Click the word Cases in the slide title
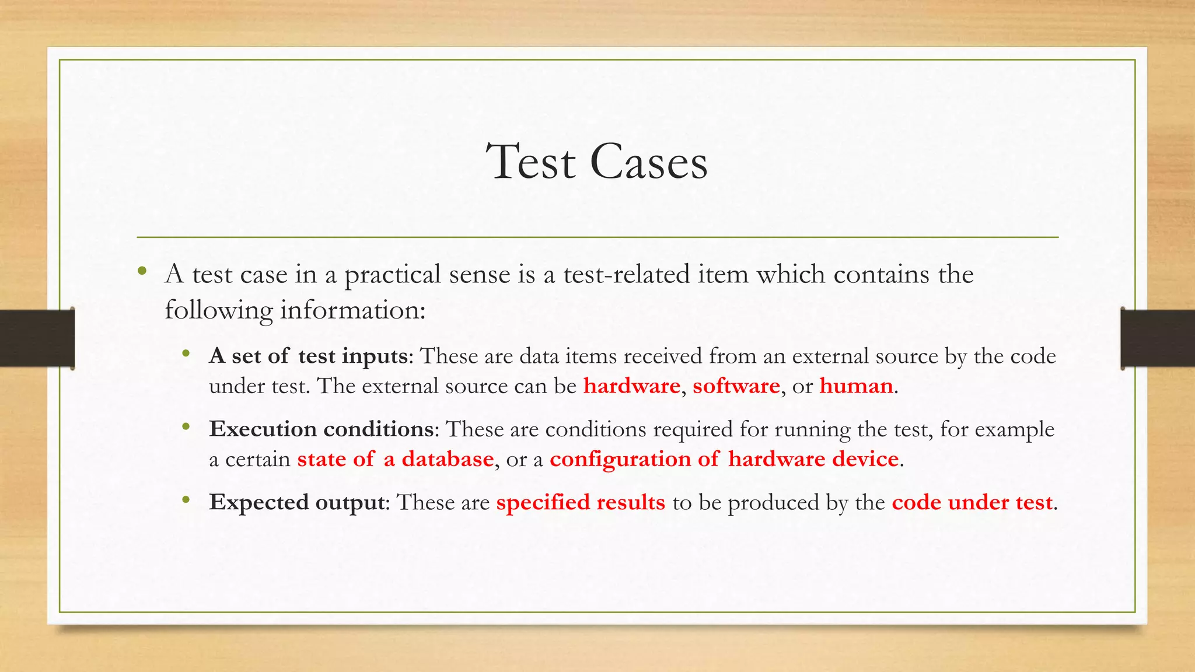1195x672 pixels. tap(649, 162)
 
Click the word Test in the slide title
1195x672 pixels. tap(531, 162)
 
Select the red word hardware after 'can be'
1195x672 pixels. tap(631, 386)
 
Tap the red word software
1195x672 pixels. tap(736, 386)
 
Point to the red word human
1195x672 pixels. tap(856, 386)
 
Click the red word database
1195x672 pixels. tap(448, 459)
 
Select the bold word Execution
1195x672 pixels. tap(263, 429)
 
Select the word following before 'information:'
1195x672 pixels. tap(218, 310)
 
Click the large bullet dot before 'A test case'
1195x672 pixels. tap(142, 271)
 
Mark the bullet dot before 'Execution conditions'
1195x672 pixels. tap(186, 427)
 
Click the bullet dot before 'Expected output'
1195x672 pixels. tap(186, 500)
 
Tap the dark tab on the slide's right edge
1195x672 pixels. tap(1158, 338)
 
